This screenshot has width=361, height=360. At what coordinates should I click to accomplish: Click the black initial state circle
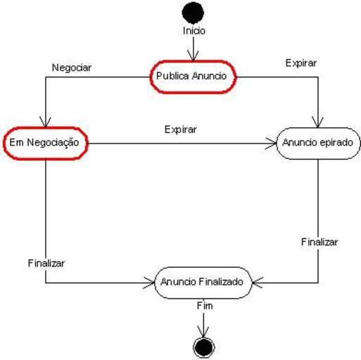point(193,13)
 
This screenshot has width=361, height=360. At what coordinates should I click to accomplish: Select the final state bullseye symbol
point(203,347)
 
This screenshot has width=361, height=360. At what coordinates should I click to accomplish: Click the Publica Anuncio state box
point(193,77)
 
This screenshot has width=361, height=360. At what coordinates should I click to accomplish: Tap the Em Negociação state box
point(46,143)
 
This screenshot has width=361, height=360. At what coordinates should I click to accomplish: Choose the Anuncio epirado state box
point(318,143)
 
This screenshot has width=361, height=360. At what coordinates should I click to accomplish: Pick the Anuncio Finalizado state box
point(203,283)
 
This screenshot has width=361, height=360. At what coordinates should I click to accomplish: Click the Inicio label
point(194,31)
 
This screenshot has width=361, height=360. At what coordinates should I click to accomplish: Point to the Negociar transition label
point(72,67)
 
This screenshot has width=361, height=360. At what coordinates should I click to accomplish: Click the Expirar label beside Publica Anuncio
point(301,63)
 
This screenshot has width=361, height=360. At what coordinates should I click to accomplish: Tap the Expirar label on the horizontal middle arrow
point(180,129)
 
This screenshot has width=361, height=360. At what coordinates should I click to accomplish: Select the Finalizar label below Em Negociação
point(46,263)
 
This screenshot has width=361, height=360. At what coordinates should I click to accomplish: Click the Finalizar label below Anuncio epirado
point(319,242)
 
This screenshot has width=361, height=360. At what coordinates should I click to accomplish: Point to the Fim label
point(205,306)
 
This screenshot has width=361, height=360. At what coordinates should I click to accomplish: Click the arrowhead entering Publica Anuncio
point(193,56)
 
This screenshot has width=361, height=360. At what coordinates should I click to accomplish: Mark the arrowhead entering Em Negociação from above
point(45,122)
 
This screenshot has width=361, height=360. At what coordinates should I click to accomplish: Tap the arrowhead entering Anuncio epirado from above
point(318,122)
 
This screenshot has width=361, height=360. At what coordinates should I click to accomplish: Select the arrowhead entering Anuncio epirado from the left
point(271,143)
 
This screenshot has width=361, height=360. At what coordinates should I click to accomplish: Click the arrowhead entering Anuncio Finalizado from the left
point(148,283)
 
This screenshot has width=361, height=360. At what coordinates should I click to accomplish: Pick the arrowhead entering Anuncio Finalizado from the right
point(258,283)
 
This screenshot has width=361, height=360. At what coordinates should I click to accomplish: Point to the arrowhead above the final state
point(203,332)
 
